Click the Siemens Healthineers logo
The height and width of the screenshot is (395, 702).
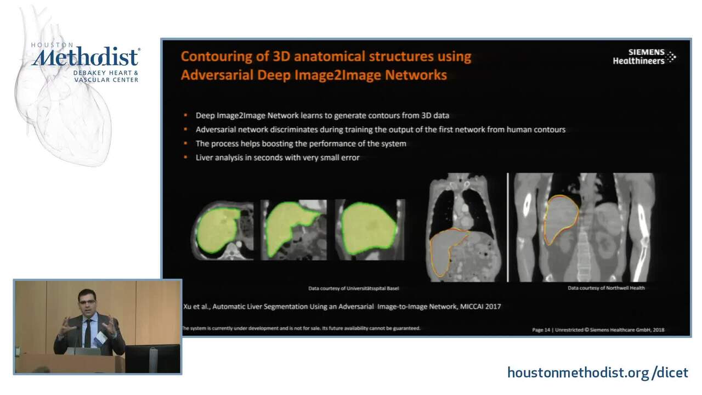click(x=644, y=57)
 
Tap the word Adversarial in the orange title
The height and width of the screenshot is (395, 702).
click(x=217, y=75)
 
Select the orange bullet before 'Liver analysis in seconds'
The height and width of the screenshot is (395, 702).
click(x=185, y=157)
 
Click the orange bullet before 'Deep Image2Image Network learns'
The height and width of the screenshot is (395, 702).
click(x=185, y=115)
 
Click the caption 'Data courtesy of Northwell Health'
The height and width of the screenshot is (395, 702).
click(x=606, y=288)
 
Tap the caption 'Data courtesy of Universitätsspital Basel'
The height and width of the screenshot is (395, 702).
click(x=354, y=289)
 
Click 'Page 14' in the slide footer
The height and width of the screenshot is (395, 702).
click(x=541, y=330)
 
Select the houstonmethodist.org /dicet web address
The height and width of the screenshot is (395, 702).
click(x=598, y=373)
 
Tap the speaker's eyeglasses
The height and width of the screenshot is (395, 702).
click(x=87, y=302)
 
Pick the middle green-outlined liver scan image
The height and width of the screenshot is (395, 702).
click(x=293, y=230)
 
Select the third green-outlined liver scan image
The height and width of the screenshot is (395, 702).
click(x=370, y=230)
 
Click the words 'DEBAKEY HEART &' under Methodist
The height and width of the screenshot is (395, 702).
click(x=106, y=73)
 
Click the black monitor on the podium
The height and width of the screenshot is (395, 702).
click(x=152, y=359)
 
